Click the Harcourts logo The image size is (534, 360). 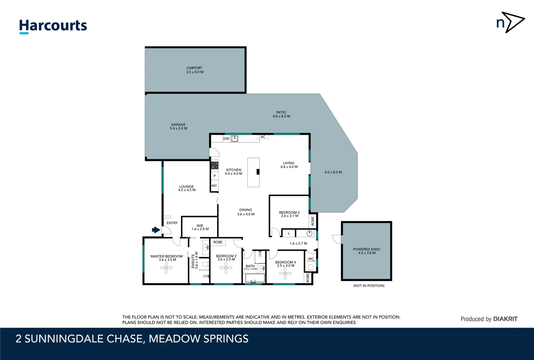[x=53, y=26]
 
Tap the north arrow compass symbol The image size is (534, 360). [x=510, y=22]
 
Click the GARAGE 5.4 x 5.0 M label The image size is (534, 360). [x=178, y=126]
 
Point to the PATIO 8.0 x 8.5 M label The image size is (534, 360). [x=281, y=114]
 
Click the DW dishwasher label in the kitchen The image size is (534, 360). [x=226, y=139]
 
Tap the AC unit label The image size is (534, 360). [x=263, y=137]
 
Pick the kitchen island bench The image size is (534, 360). [x=253, y=172]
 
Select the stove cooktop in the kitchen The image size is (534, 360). [x=215, y=165]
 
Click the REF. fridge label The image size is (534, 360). [x=214, y=186]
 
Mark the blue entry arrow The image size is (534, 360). [x=156, y=230]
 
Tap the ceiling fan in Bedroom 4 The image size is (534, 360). [x=285, y=274]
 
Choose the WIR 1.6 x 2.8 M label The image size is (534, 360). [x=200, y=227]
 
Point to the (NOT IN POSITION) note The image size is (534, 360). [x=368, y=286]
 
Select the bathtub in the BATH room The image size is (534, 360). [x=255, y=278]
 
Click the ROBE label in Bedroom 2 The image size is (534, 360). [x=218, y=242]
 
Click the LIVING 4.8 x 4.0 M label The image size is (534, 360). [x=289, y=165]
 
